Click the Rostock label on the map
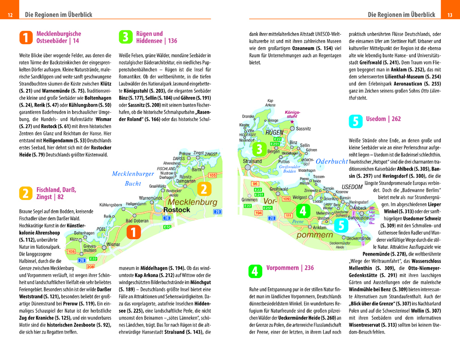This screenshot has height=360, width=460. (x=177, y=210)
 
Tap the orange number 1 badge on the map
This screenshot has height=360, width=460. (x=133, y=233)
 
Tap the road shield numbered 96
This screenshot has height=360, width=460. (x=254, y=183)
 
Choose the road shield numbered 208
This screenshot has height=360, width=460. (x=90, y=267)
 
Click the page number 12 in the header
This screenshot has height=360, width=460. (x=10, y=15)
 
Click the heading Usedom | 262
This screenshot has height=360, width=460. (x=383, y=119)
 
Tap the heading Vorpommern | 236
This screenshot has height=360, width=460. (x=290, y=268)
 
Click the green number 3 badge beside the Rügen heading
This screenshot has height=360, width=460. (x=125, y=37)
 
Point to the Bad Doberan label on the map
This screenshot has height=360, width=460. (x=137, y=221)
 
